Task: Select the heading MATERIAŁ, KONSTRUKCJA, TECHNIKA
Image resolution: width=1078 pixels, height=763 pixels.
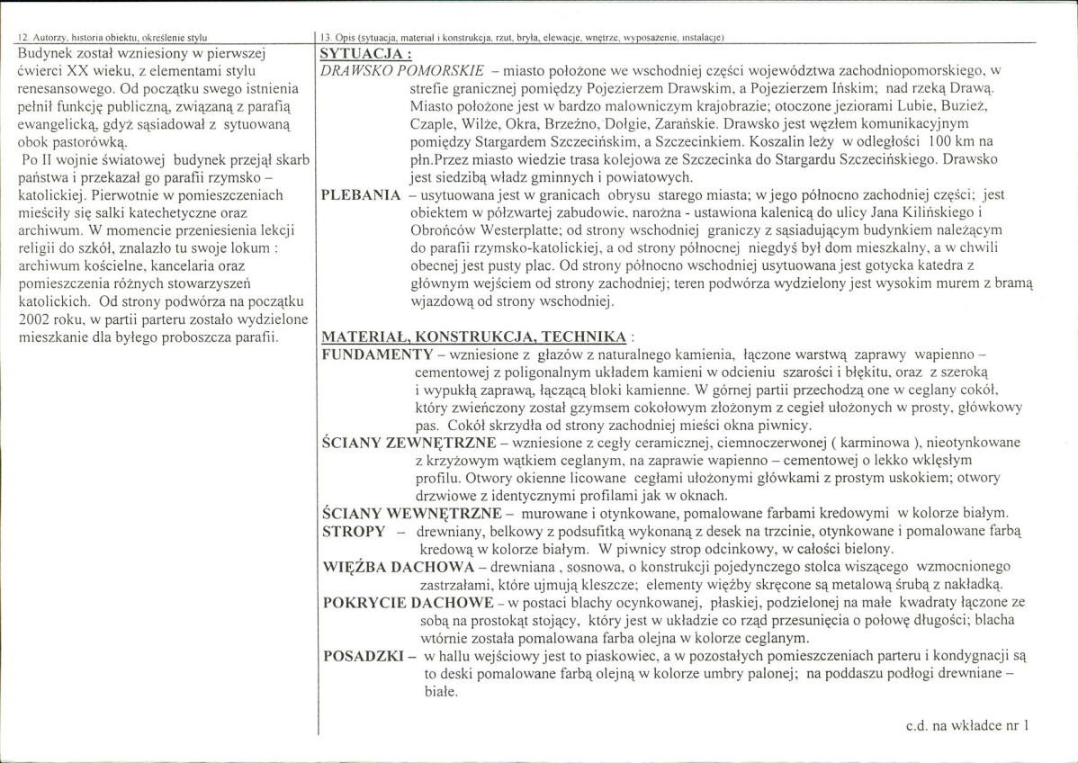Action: click(474, 337)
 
